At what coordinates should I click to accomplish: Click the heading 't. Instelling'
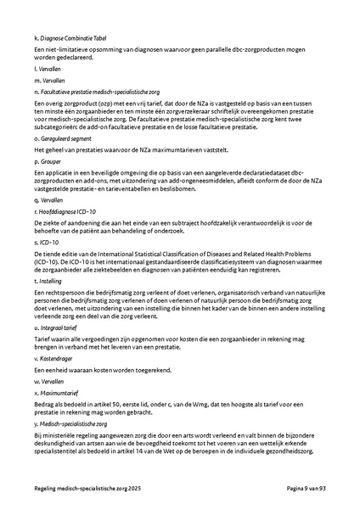pyautogui.click(x=48, y=280)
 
